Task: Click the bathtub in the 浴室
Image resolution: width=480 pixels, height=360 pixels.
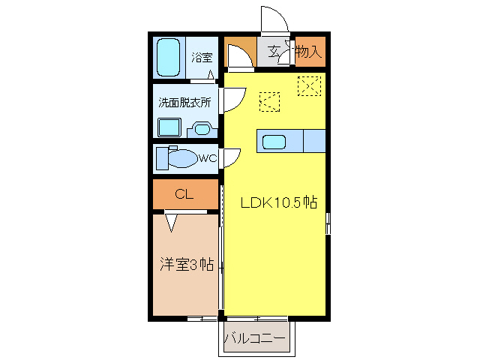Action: [169, 58]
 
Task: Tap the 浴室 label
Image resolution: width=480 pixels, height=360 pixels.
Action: [202, 57]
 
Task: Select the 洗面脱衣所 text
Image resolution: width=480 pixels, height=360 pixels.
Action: [184, 102]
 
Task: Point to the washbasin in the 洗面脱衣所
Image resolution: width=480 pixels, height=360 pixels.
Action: [202, 129]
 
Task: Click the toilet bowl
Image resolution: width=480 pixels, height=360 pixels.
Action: [178, 158]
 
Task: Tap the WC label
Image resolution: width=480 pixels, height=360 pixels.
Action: [208, 158]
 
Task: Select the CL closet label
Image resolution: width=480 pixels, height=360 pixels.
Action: [184, 194]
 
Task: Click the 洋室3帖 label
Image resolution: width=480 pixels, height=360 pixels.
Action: [186, 264]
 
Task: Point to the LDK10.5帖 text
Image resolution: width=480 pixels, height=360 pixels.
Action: [278, 202]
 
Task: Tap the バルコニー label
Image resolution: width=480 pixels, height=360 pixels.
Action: [255, 339]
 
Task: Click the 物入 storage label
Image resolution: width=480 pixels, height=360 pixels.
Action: [308, 52]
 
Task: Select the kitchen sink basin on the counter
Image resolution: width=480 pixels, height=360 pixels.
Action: [274, 140]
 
